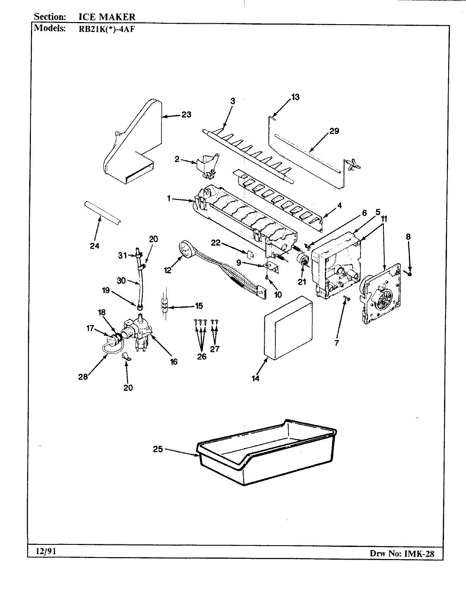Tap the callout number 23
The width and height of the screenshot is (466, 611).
click(x=186, y=115)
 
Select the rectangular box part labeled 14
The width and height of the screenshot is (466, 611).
click(x=288, y=331)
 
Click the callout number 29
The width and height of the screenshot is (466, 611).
click(x=334, y=131)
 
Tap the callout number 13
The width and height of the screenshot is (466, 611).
click(x=295, y=97)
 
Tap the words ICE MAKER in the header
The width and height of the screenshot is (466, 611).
click(x=107, y=17)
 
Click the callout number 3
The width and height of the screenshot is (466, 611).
click(x=233, y=101)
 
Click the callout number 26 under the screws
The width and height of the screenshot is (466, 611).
click(x=202, y=356)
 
